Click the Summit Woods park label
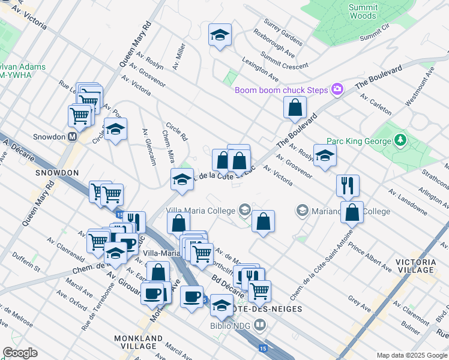[363, 11]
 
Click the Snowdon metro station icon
[73, 136]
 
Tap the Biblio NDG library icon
[259, 326]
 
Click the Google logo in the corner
[20, 353]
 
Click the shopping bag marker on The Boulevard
[295, 109]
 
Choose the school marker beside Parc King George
[325, 156]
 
